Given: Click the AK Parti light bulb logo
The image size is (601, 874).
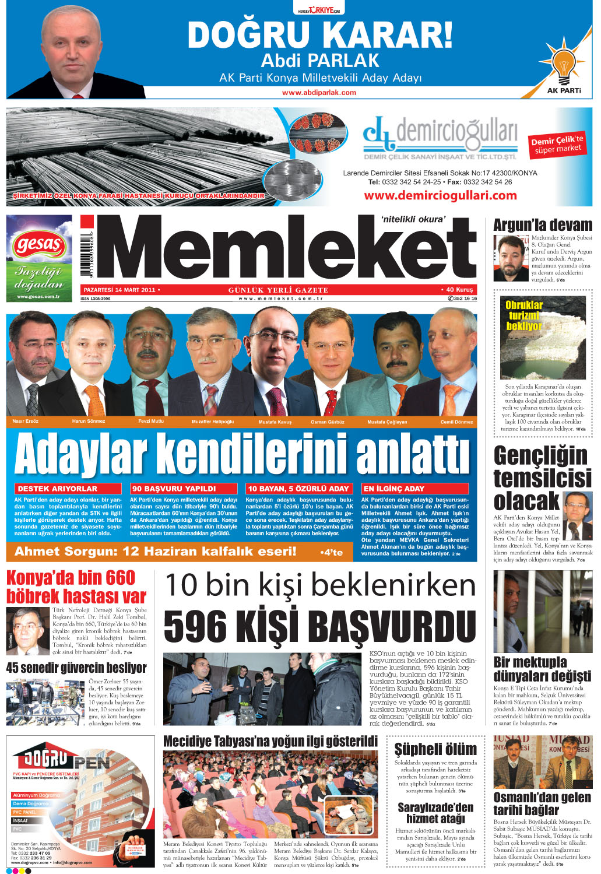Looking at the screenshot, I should pyautogui.click(x=563, y=64).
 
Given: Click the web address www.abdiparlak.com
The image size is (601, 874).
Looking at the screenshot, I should pyautogui.click(x=319, y=92).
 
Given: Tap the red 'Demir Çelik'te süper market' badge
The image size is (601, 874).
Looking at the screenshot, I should pyautogui.click(x=557, y=145).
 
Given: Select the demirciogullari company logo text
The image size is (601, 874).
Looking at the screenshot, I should pyautogui.click(x=441, y=135).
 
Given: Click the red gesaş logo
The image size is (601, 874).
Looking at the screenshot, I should pyautogui.click(x=39, y=244).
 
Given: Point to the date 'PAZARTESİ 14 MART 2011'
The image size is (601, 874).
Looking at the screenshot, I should pyautogui.click(x=120, y=290).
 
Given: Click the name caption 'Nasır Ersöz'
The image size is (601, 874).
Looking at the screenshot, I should pyautogui.click(x=25, y=421).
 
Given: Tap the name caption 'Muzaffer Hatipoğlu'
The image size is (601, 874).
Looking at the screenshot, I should pyautogui.click(x=212, y=422).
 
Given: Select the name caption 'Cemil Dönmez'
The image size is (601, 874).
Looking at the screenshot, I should pyautogui.click(x=456, y=422).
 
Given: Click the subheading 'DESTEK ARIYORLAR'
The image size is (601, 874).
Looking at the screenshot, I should pyautogui.click(x=57, y=489).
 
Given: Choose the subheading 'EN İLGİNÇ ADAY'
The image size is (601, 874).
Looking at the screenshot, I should pyautogui.click(x=393, y=489).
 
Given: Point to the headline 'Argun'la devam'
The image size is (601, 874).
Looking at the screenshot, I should pyautogui.click(x=542, y=225).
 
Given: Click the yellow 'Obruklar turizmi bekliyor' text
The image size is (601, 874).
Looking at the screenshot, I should pyautogui.click(x=524, y=315).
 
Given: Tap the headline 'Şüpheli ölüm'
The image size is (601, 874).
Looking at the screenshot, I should pyautogui.click(x=435, y=749).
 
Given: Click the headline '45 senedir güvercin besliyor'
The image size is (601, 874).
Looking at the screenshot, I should pyautogui.click(x=76, y=668).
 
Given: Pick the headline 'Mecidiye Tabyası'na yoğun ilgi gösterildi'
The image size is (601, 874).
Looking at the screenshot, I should pyautogui.click(x=270, y=742).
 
